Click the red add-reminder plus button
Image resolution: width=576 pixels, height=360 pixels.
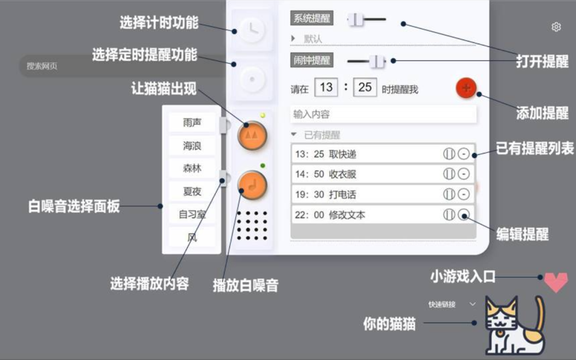pyautogui.click(x=466, y=88)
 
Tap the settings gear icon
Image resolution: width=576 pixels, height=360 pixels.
pyautogui.click(x=556, y=27)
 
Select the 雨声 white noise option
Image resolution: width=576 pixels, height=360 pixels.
pyautogui.click(x=192, y=123)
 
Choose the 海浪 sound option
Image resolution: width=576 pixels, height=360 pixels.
pyautogui.click(x=192, y=146)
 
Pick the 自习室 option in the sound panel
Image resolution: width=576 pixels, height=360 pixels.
pyautogui.click(x=192, y=214)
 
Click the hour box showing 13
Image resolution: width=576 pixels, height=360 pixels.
pyautogui.click(x=326, y=87)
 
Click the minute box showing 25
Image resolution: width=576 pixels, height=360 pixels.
pyautogui.click(x=365, y=87)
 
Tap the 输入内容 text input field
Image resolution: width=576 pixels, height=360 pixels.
pyautogui.click(x=383, y=114)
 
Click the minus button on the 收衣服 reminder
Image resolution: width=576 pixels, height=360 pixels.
pyautogui.click(x=464, y=174)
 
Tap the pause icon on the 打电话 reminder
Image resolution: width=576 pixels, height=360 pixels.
pyautogui.click(x=449, y=194)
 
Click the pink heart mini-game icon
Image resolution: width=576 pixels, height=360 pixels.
pyautogui.click(x=555, y=282)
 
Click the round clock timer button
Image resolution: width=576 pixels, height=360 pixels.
pyautogui.click(x=252, y=30)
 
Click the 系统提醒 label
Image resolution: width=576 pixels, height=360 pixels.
pyautogui.click(x=312, y=19)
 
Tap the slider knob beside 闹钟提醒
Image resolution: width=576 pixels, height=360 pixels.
pyautogui.click(x=377, y=61)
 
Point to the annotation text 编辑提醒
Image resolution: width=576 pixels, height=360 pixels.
pyautogui.click(x=522, y=234)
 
